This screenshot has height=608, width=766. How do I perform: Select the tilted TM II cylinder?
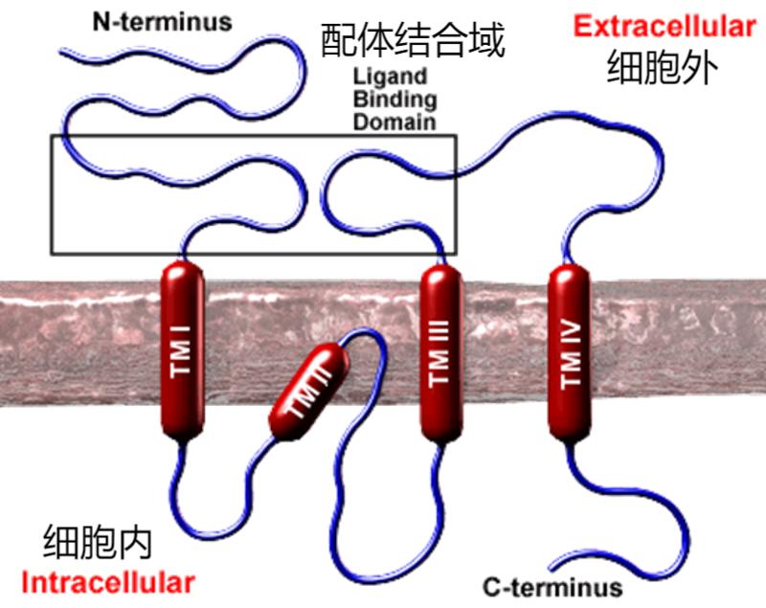[305, 392]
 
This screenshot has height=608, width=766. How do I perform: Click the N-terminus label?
[162, 20]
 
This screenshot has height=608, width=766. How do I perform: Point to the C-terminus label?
[552, 586]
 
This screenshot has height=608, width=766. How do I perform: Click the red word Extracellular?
[664, 27]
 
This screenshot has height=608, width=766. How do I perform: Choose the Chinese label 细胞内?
[98, 543]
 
